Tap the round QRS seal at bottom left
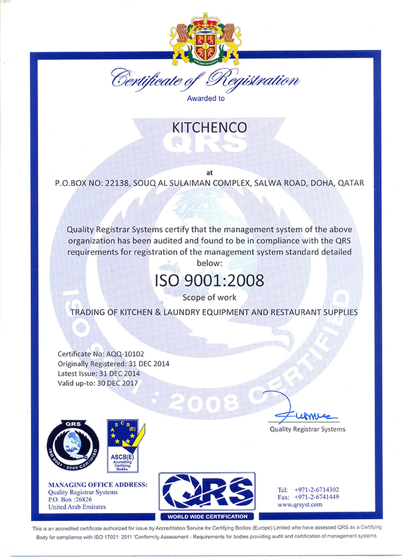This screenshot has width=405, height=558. tap(73, 441)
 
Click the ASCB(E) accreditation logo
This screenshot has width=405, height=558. tap(126, 440)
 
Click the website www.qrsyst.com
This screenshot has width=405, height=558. tap(300, 504)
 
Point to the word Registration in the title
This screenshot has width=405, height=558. tap(253, 81)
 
